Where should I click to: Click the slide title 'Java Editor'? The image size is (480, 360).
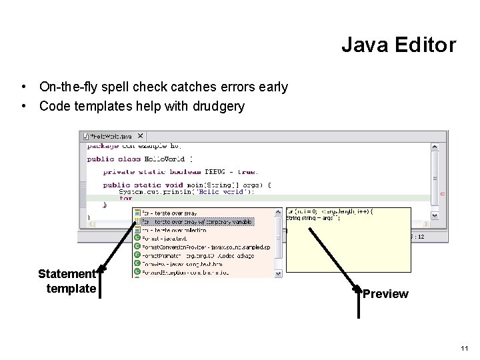coord(399,45)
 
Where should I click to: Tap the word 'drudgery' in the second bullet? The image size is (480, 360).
coord(219,106)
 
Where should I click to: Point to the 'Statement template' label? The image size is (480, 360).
coord(67,281)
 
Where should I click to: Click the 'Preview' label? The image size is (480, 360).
coord(385,294)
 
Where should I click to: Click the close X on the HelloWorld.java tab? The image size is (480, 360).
coord(140,136)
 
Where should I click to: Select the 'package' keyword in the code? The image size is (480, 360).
coord(102,146)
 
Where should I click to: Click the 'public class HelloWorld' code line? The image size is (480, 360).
coord(139,159)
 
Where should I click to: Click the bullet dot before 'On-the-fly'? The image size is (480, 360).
coord(24,87)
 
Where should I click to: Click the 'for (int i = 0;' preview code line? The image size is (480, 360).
coord(330,211)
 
